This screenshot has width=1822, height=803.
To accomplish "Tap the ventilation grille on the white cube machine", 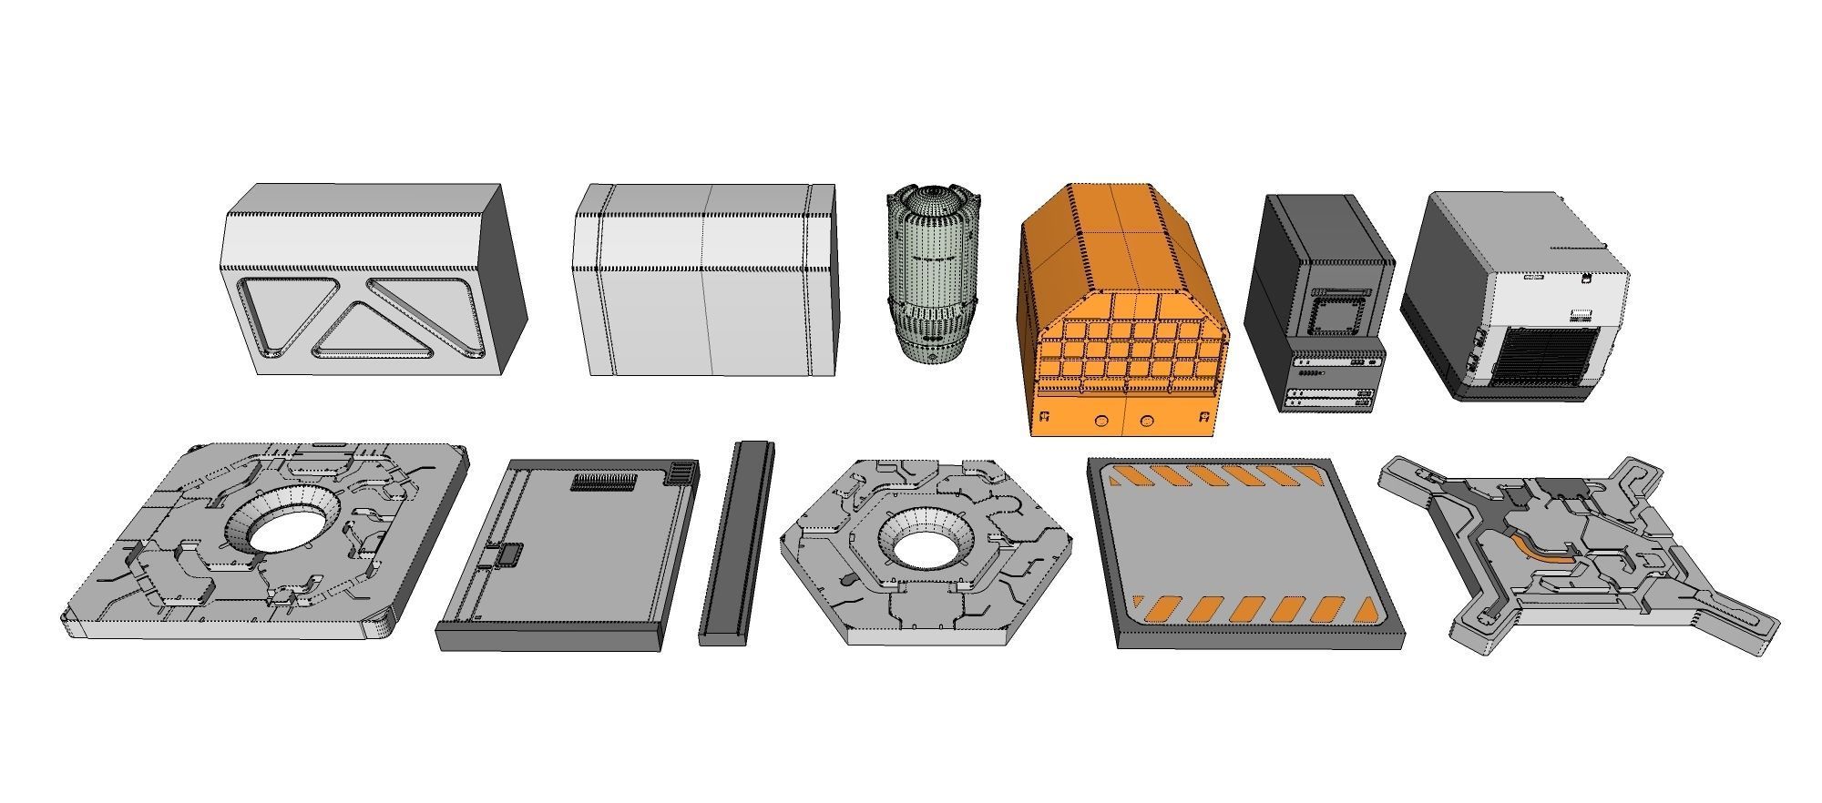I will click(x=1549, y=354).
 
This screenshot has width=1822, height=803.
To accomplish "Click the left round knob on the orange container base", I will click(x=1101, y=421).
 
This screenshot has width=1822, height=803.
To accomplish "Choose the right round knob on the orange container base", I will click(x=1147, y=421).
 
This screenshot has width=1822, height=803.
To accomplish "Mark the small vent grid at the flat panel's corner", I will click(x=681, y=472).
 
